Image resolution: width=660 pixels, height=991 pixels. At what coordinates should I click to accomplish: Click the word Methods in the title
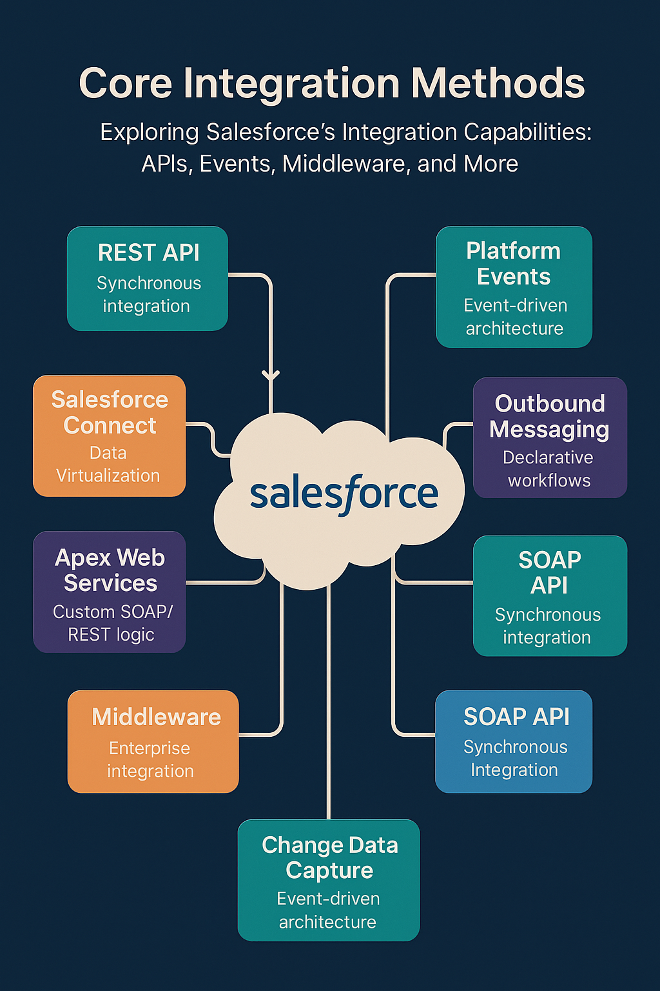click(498, 84)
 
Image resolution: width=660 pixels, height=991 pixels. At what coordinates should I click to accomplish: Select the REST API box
click(148, 278)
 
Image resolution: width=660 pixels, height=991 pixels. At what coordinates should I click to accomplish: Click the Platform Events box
click(514, 286)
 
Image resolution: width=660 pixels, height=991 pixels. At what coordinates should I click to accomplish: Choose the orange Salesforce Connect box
click(110, 435)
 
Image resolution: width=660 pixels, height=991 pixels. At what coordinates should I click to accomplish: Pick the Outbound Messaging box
click(550, 437)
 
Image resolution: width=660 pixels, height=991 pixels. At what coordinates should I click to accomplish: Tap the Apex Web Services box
click(110, 592)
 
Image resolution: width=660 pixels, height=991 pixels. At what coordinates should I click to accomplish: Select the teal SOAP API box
click(550, 596)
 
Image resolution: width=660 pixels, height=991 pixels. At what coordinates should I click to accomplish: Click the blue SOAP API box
click(514, 741)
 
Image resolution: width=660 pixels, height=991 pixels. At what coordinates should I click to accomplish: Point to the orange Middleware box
click(153, 741)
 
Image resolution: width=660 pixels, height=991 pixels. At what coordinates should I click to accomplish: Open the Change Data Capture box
click(329, 880)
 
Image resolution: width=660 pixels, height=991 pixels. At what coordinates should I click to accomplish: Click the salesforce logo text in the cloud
click(344, 494)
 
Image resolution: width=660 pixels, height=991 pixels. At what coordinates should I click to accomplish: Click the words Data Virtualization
click(108, 465)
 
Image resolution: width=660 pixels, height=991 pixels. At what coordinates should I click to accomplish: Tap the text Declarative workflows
click(548, 469)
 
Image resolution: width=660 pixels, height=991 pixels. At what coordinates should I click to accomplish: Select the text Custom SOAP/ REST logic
click(112, 623)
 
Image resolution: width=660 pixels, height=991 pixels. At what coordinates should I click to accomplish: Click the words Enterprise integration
click(150, 759)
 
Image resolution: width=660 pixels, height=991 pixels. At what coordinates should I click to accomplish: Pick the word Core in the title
click(126, 84)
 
